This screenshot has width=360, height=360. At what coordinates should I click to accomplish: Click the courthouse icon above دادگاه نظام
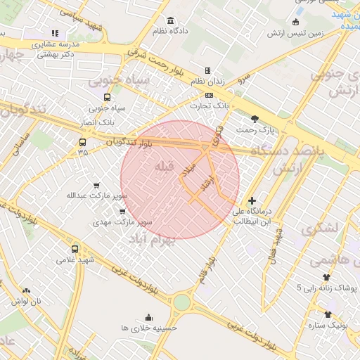tap(171, 20)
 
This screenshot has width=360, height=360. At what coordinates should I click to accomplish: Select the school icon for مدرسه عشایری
tap(55, 33)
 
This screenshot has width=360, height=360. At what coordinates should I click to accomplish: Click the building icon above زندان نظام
tap(207, 70)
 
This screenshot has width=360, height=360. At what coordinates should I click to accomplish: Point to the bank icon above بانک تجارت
tap(209, 95)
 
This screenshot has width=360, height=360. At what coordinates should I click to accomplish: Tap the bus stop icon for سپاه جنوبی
tap(107, 98)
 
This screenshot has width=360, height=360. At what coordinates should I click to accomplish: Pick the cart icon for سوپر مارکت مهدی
tap(123, 211)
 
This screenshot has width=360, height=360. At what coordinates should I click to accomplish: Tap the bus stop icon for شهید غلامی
tap(75, 249)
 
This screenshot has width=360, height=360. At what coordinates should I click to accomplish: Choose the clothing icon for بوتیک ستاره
tap(327, 314)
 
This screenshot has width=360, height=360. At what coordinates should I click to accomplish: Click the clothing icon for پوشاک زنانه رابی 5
tap(326, 278)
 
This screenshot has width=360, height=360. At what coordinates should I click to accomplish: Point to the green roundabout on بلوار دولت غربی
tap(181, 302)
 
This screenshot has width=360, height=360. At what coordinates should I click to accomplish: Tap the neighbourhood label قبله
tap(162, 166)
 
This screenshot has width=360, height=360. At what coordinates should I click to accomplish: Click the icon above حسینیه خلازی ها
tap(148, 317)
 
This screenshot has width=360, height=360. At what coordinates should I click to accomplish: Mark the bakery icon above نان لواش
tap(27, 290)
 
